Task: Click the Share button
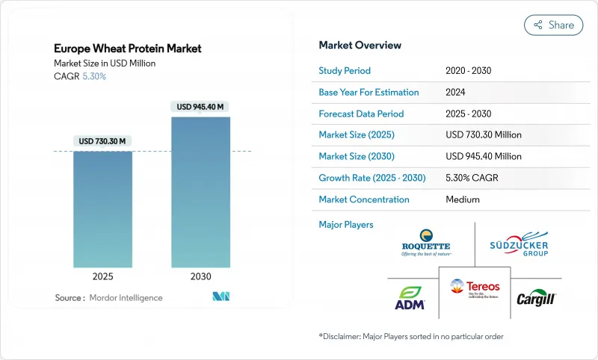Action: [x=554, y=25]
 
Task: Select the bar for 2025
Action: [x=102, y=209]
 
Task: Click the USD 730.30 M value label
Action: [x=102, y=141]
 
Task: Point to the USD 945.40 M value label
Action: [x=200, y=107]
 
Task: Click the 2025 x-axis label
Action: [x=102, y=276]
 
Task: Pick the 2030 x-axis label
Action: [x=200, y=276]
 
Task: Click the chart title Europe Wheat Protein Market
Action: [x=128, y=49]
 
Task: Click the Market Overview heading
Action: [x=360, y=45]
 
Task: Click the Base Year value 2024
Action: [x=456, y=92]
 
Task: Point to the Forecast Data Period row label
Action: [x=361, y=114]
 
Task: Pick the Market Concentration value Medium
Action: [x=462, y=199]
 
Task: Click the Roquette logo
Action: [x=425, y=243]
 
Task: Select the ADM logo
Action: [x=410, y=297]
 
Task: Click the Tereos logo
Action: [x=475, y=288]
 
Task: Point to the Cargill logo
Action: [x=534, y=298]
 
